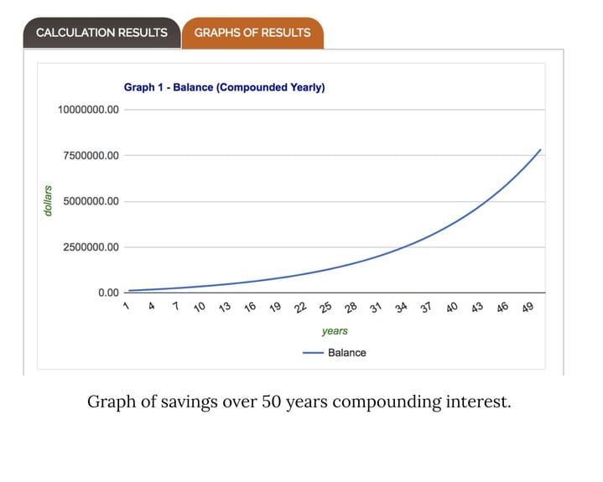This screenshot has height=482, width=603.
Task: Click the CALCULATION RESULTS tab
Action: (x=101, y=33)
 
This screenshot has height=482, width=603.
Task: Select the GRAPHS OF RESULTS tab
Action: (x=252, y=33)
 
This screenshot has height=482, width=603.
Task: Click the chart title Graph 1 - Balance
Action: (x=224, y=87)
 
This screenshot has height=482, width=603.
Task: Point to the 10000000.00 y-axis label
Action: (x=88, y=110)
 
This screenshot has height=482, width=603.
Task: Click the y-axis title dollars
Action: (x=49, y=201)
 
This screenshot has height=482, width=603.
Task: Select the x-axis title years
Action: (x=335, y=331)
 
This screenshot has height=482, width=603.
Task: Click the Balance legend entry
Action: (x=335, y=353)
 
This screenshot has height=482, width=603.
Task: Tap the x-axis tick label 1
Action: (x=126, y=306)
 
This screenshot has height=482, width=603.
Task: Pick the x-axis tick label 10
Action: (x=200, y=308)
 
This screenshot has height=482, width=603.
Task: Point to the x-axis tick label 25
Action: (x=325, y=308)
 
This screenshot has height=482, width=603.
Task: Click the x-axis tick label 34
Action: (x=401, y=308)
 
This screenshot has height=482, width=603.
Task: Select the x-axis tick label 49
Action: (x=528, y=308)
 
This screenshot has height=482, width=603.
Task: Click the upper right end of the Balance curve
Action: (x=540, y=150)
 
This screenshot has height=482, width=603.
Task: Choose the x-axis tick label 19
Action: (x=275, y=308)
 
